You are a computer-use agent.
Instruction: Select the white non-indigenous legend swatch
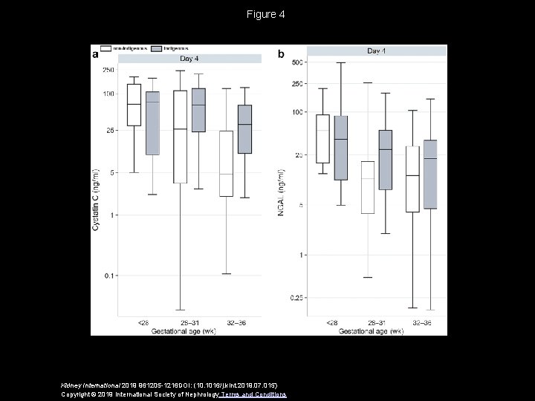[106, 48]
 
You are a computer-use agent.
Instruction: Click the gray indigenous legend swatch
[157, 48]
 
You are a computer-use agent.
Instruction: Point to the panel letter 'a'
[95, 55]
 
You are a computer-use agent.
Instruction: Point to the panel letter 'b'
[281, 54]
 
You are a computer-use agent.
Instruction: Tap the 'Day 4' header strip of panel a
[188, 59]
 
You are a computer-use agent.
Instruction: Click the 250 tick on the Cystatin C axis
[108, 70]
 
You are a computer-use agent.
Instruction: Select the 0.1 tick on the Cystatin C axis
[108, 276]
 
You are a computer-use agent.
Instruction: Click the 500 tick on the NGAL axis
[297, 62]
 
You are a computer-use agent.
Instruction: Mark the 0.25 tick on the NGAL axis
[296, 298]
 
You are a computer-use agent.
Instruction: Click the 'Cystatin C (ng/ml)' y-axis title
[95, 193]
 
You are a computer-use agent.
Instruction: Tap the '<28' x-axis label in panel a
[143, 322]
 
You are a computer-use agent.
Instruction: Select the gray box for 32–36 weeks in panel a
[244, 129]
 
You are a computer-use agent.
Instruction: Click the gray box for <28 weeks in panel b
[340, 148]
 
